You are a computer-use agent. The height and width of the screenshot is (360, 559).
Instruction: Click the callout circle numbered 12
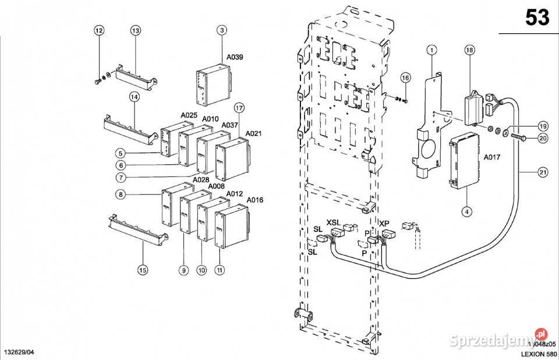(x=98, y=30)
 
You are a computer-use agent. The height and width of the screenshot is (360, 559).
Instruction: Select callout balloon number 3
(x=222, y=30)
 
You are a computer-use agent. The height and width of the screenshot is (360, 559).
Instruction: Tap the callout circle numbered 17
(x=239, y=108)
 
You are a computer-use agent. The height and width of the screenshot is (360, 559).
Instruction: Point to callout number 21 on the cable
(x=543, y=172)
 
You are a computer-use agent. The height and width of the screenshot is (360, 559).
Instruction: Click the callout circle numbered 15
(x=143, y=270)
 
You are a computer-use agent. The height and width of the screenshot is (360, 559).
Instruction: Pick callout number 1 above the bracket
(x=431, y=50)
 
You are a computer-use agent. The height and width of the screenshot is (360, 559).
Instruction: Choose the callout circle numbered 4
(x=466, y=211)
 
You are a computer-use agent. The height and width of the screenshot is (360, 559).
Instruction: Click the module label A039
(x=235, y=57)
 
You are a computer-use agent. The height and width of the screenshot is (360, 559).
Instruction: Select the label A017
(x=492, y=157)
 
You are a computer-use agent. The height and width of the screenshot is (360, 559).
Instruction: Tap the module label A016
(x=255, y=200)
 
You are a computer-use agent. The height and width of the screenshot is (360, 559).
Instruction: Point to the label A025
(x=189, y=115)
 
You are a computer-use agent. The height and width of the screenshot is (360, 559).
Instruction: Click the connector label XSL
(x=333, y=223)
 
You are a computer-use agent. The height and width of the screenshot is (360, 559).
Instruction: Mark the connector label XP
(x=384, y=223)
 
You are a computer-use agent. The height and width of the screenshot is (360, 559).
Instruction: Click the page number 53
(x=537, y=18)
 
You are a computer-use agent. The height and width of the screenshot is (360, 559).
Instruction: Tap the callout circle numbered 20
(x=543, y=138)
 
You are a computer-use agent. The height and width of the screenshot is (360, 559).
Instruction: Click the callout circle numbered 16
(x=405, y=78)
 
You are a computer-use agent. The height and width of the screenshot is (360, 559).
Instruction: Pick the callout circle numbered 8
(x=120, y=194)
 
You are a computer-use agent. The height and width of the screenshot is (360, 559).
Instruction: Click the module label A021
(x=253, y=133)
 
